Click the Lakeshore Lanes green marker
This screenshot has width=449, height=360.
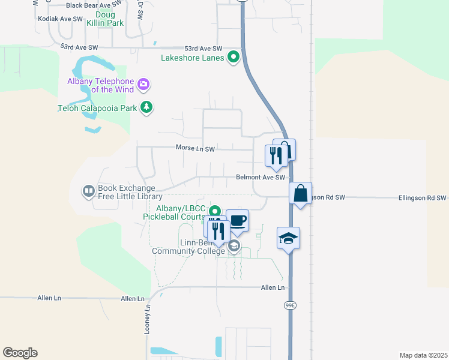(x=233, y=58)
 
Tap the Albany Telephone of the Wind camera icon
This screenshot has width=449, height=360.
(x=143, y=83)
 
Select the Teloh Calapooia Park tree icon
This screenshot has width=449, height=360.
(x=146, y=108)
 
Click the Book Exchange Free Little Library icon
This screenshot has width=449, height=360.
(x=88, y=191)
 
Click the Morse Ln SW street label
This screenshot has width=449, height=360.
(x=195, y=147)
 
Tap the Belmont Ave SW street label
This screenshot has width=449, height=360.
(x=260, y=178)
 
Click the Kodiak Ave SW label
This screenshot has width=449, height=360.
(x=60, y=19)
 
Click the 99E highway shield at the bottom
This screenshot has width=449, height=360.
(x=291, y=305)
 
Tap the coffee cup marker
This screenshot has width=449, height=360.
(x=237, y=220)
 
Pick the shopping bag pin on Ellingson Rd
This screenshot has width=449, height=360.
(x=300, y=193)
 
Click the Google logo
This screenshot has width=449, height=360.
(x=20, y=353)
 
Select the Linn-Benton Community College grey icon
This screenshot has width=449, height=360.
(x=234, y=245)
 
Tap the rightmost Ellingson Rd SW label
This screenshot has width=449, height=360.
(x=423, y=197)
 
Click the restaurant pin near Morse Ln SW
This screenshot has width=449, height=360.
(x=276, y=155)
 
